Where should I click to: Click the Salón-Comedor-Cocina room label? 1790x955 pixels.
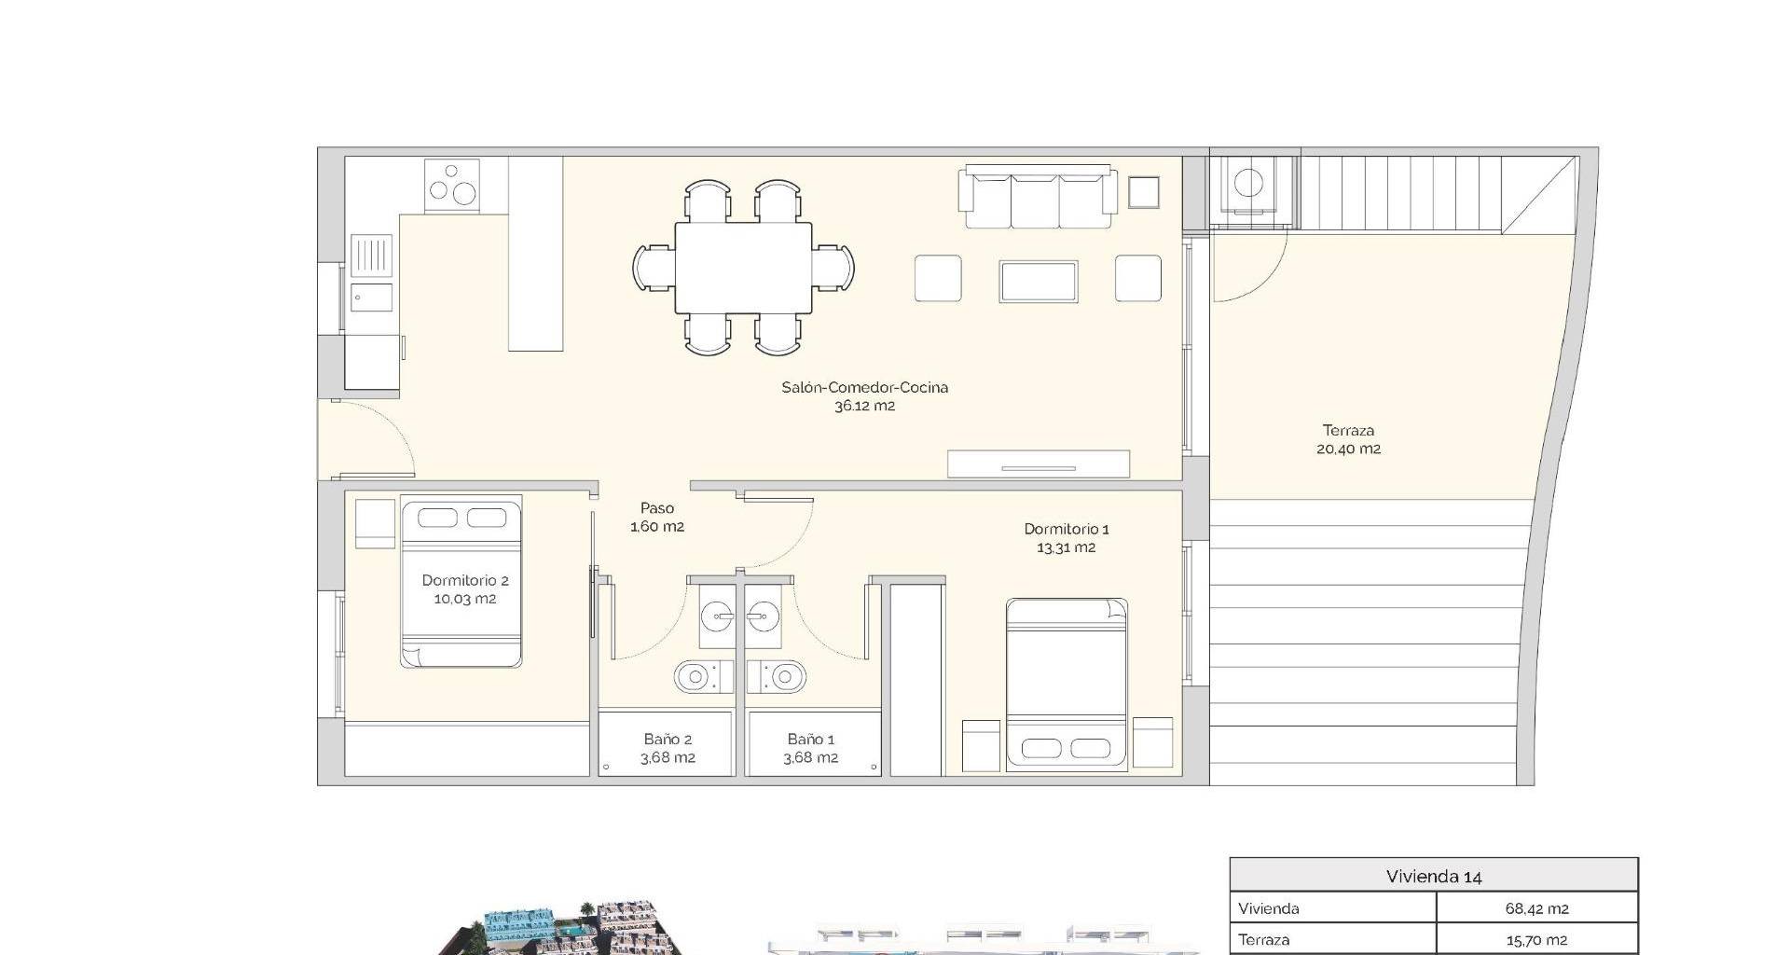(x=864, y=387)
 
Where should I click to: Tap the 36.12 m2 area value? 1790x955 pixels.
(x=864, y=406)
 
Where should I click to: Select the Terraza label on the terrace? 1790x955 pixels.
(x=1348, y=431)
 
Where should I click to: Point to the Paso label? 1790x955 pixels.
(x=656, y=508)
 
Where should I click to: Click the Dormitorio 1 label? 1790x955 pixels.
(x=1067, y=529)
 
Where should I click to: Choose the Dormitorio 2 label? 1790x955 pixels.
(x=465, y=580)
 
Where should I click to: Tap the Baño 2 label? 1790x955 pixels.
(x=668, y=740)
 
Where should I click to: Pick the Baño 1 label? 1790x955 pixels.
(x=810, y=740)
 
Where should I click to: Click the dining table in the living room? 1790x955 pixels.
(x=743, y=269)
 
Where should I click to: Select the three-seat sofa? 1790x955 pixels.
(x=1039, y=197)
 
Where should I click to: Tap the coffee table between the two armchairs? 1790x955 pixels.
(x=1039, y=281)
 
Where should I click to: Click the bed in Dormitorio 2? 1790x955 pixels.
(x=461, y=581)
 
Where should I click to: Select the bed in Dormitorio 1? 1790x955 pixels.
(x=1067, y=684)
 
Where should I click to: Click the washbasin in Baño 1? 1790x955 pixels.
(x=763, y=615)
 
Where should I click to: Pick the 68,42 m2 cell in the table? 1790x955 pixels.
(x=1536, y=908)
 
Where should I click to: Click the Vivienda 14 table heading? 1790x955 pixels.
(x=1434, y=877)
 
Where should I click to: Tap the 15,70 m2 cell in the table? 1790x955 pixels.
(x=1536, y=940)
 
